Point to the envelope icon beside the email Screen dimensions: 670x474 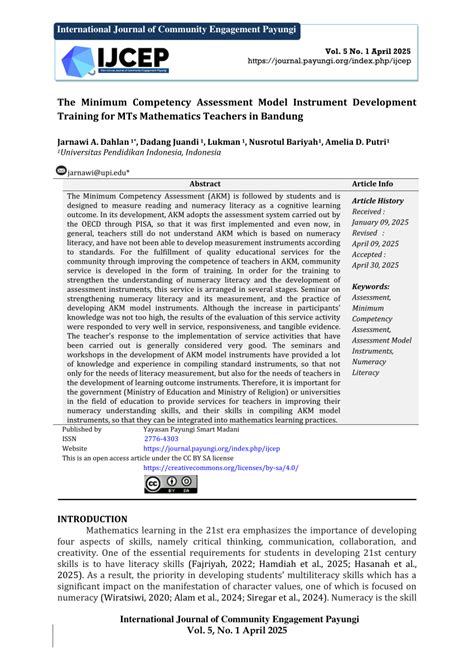61,171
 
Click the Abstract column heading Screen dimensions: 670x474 205,184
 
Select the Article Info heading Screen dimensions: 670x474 372,184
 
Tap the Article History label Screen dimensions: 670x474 377,200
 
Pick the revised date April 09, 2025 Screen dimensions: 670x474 379,243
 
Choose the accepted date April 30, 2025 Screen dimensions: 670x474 379,264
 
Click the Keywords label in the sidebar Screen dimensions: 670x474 371,286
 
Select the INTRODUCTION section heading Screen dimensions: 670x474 92,519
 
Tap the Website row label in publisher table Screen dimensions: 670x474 76,448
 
